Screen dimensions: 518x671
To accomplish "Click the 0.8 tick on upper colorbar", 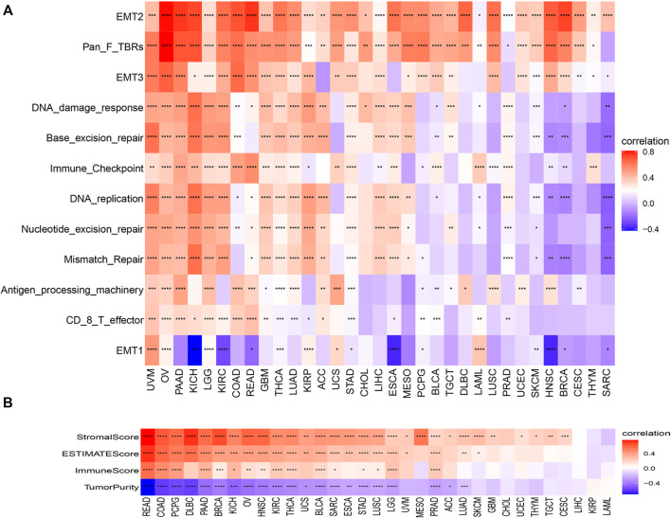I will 656,152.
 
